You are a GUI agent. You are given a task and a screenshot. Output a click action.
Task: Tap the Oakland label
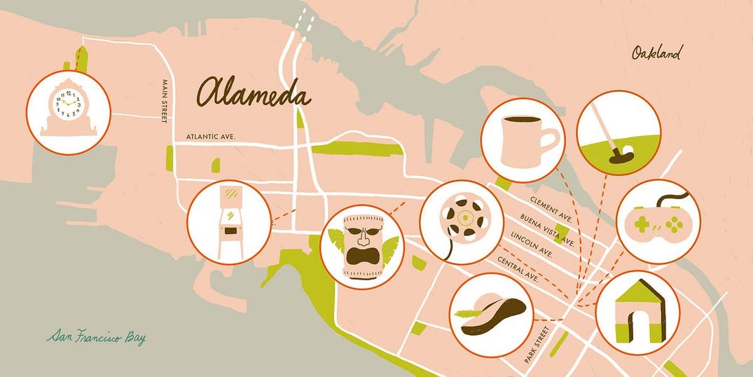[656, 53]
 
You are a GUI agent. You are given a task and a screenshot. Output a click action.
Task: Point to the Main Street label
[166, 101]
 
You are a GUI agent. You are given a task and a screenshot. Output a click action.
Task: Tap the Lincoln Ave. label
[534, 245]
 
